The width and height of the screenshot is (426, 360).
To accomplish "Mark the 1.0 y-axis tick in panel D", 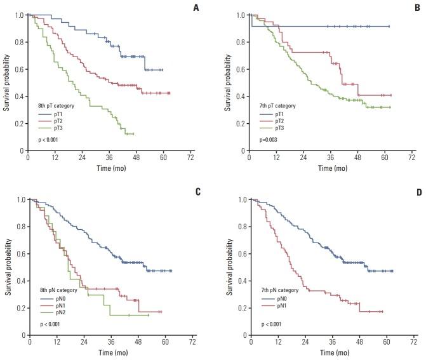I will [241, 199].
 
